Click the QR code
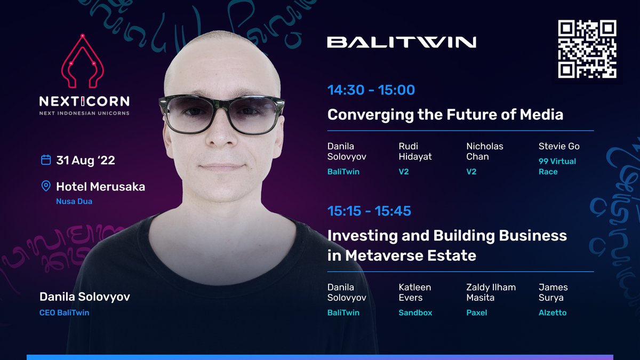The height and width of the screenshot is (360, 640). [x=587, y=49]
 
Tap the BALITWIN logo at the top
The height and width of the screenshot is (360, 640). [x=401, y=42]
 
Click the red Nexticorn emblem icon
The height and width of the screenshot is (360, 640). [x=84, y=62]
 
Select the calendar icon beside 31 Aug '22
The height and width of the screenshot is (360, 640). [x=46, y=160]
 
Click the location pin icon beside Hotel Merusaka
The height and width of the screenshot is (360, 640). [x=46, y=186]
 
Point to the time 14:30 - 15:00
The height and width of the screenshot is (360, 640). [x=371, y=90]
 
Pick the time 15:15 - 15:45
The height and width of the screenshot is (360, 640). [x=369, y=211]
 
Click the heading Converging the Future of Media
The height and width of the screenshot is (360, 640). [x=445, y=114]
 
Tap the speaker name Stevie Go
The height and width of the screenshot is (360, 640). [x=559, y=146]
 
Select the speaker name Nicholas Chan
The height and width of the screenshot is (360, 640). [x=484, y=151]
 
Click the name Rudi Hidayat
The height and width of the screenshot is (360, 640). [x=414, y=151]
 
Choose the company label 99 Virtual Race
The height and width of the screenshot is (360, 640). [x=557, y=166]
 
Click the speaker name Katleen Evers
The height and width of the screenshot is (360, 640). [x=414, y=292]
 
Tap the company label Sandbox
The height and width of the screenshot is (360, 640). [x=415, y=313]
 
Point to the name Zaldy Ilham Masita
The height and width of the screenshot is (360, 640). [x=491, y=292]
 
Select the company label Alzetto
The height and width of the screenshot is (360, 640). [x=553, y=313]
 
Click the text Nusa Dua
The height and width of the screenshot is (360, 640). [x=74, y=202]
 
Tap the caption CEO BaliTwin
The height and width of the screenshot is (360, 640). [x=64, y=313]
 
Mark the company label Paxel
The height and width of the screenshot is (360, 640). [x=476, y=313]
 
